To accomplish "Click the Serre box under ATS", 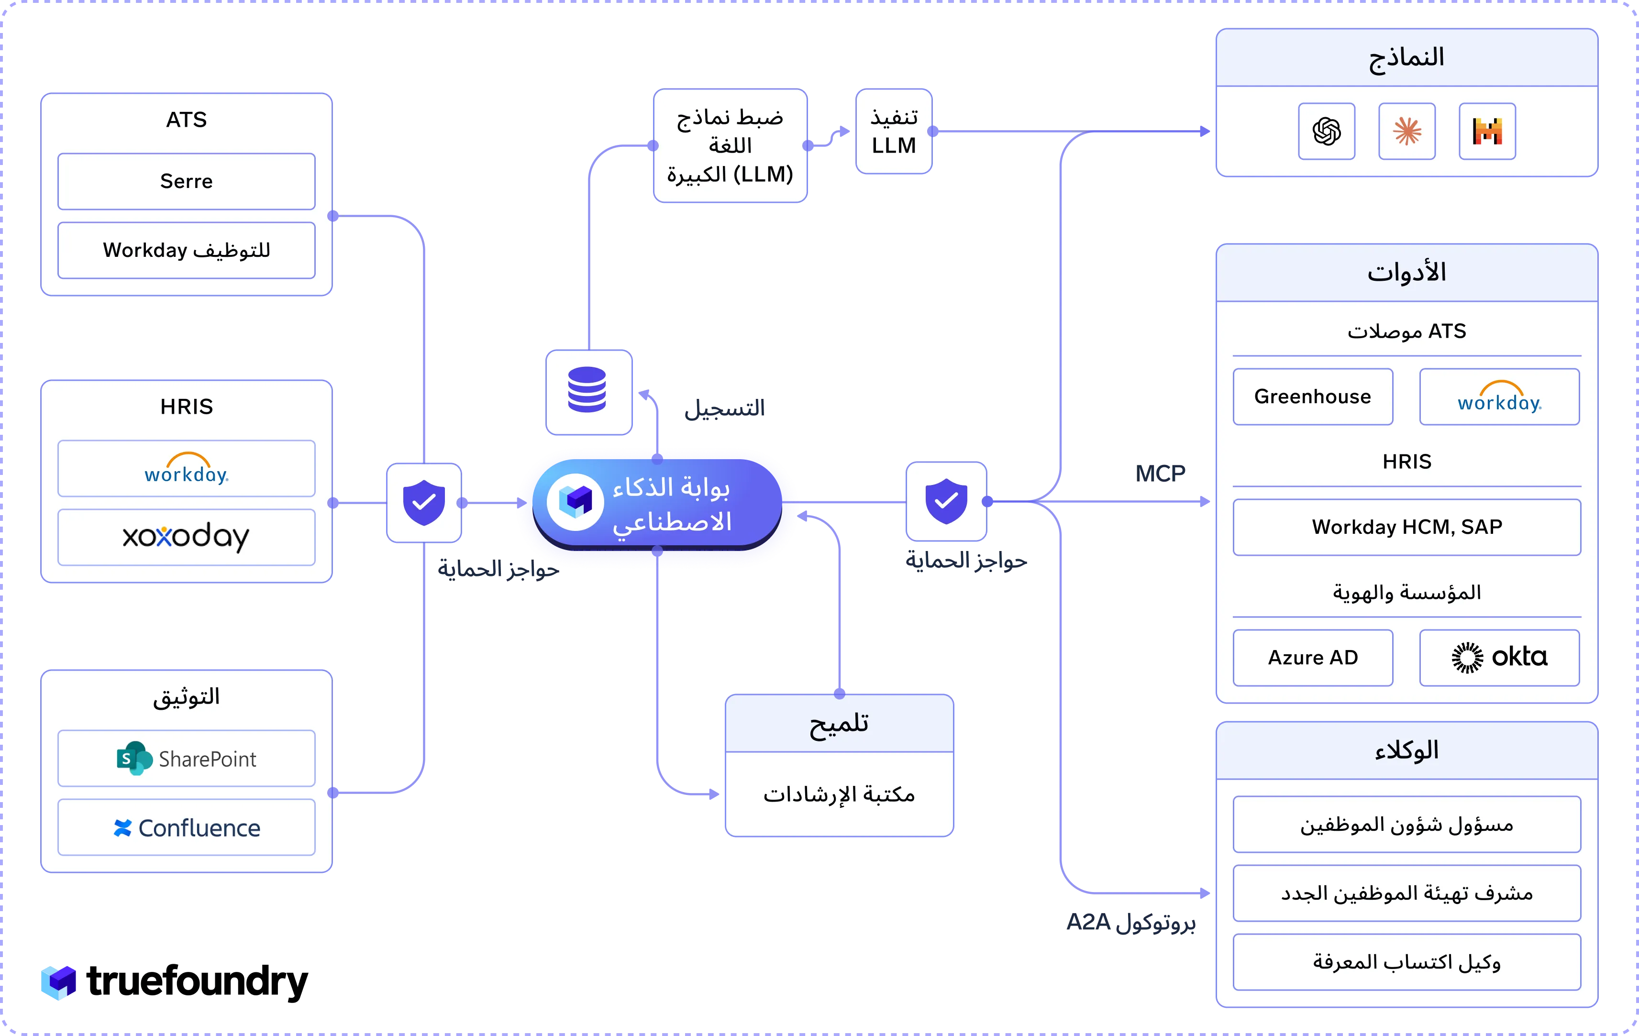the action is tap(187, 181).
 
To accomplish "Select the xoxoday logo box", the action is tap(187, 537).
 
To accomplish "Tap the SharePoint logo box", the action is tap(187, 758).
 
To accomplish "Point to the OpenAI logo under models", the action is tap(1327, 132).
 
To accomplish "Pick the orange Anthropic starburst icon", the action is tap(1407, 132).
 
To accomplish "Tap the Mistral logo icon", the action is tap(1487, 132).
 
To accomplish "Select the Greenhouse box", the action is tap(1313, 397).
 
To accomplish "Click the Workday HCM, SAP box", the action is tap(1407, 528).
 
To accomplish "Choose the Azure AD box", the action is tap(1313, 658).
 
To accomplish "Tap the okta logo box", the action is tap(1499, 658).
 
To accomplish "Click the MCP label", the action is tap(1160, 474).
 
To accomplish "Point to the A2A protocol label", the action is tap(1130, 922).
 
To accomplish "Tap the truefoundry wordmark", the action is tap(198, 981).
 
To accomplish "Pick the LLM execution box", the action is tap(894, 132).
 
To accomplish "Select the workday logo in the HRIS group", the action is tap(187, 468).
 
